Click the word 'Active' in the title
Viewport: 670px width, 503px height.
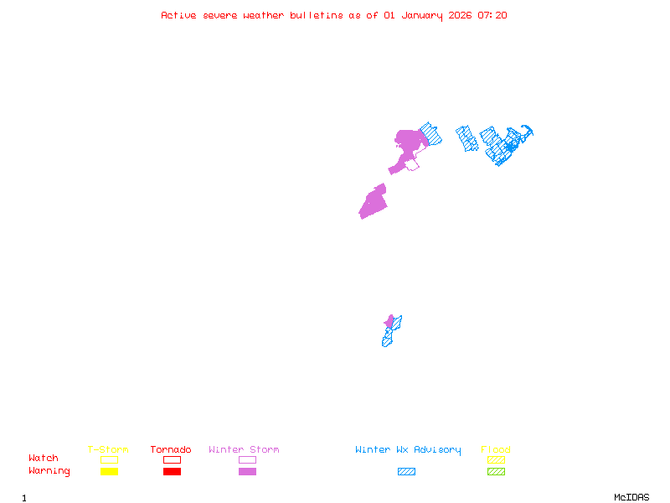click(x=179, y=15)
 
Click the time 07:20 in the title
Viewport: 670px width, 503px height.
click(x=492, y=15)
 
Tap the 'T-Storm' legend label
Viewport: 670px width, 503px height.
click(x=108, y=449)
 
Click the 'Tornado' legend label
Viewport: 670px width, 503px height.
click(x=171, y=449)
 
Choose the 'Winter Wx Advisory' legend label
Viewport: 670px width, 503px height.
click(x=408, y=449)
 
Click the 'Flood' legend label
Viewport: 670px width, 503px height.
click(x=496, y=449)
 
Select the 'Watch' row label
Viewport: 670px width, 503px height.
click(x=44, y=459)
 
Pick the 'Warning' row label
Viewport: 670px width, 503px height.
click(x=49, y=471)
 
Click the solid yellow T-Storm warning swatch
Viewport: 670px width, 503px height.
click(x=109, y=471)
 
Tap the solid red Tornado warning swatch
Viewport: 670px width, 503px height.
click(x=172, y=471)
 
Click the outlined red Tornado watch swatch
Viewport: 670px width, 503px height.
click(x=172, y=459)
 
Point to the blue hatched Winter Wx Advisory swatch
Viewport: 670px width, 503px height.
click(x=406, y=471)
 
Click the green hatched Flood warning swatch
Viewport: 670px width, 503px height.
click(x=496, y=471)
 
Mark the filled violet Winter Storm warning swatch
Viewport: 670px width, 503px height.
click(x=247, y=471)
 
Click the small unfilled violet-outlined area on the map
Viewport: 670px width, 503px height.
click(x=412, y=165)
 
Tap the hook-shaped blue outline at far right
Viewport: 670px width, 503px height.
click(x=526, y=132)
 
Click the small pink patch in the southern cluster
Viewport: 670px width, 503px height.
click(x=389, y=322)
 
